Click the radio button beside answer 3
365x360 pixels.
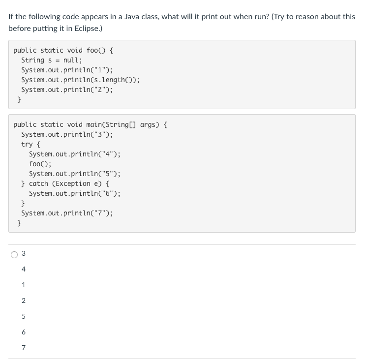point(14,254)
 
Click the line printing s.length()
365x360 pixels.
point(80,80)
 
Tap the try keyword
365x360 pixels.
point(27,144)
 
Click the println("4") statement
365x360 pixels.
point(75,154)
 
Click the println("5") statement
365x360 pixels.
point(75,174)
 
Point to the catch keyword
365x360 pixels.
point(38,183)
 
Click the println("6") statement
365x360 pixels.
point(75,193)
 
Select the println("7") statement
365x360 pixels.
point(67,213)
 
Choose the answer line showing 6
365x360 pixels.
point(23,332)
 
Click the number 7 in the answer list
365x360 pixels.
point(23,348)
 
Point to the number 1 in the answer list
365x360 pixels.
point(23,285)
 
